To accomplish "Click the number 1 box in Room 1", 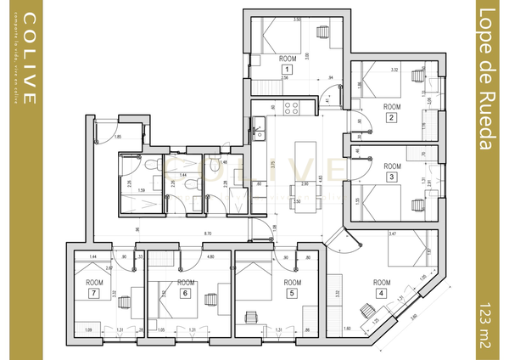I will [x=287, y=69].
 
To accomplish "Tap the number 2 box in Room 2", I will [x=391, y=117].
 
